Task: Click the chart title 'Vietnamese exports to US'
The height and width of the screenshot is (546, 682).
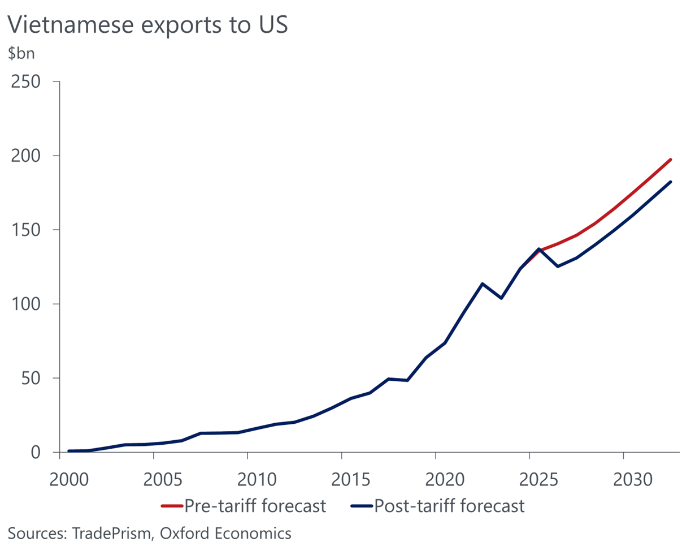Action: tap(147, 25)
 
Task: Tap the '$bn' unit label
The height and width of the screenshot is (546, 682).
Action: tap(21, 55)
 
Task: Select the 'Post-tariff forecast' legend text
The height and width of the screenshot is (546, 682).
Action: tap(450, 505)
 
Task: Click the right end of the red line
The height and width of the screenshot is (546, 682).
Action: tap(671, 160)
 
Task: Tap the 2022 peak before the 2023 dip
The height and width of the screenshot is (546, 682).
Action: tap(482, 283)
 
